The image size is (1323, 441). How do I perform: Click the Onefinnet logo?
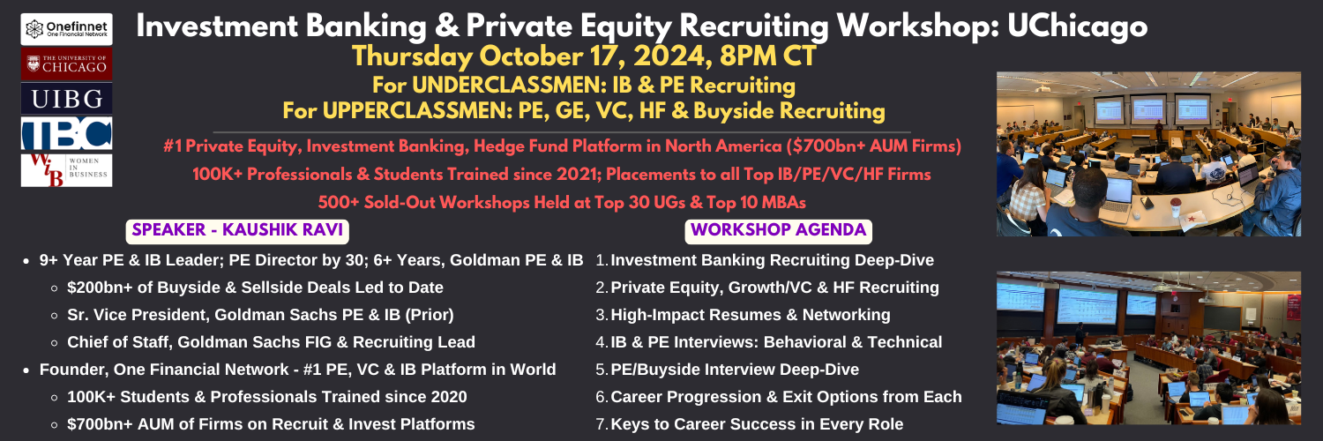tap(67, 29)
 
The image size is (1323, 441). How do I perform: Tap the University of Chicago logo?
tap(67, 64)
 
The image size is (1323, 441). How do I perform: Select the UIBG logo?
tap(67, 99)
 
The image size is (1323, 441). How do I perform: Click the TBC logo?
tap(67, 133)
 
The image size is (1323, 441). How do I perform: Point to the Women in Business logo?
tap(67, 170)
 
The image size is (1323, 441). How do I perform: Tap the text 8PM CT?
tap(768, 56)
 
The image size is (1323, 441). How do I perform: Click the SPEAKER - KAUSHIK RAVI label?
tap(237, 230)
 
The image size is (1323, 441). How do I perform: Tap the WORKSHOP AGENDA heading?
tap(779, 230)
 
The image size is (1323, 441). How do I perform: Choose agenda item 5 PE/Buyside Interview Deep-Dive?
tap(727, 370)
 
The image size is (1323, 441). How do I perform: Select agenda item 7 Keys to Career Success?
tap(750, 424)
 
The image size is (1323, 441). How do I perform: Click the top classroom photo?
tap(1148, 154)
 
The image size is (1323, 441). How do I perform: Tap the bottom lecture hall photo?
tap(1148, 348)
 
